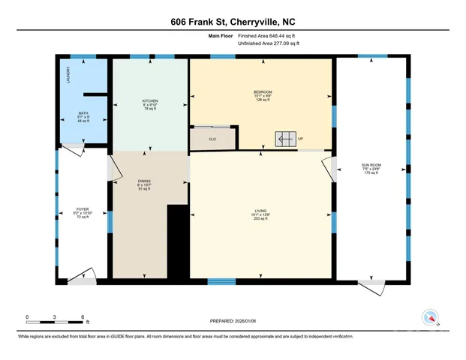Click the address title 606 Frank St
(233, 23)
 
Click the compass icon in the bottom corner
(430, 317)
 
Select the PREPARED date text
(233, 320)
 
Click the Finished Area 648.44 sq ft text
(268, 36)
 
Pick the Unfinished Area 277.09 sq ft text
(268, 44)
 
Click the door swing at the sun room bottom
(368, 286)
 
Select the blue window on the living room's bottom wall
(221, 282)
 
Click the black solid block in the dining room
(177, 241)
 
